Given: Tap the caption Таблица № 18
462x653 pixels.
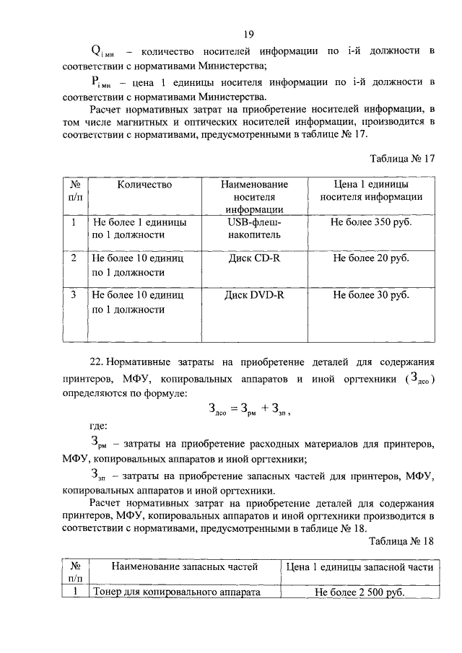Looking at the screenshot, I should point(401,540).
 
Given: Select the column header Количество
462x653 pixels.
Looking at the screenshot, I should point(144,185).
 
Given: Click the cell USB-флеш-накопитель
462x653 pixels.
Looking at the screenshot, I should point(254,229).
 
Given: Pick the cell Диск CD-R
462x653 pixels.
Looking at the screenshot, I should point(254,258).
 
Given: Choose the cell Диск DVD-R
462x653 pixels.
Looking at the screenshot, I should point(254,295).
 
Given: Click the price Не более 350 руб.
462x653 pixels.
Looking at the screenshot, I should point(371,223).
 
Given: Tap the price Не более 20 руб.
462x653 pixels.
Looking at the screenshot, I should point(371,258).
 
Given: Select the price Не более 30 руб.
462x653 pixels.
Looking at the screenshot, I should point(371,295).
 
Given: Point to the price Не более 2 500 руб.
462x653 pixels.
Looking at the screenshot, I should point(359,592).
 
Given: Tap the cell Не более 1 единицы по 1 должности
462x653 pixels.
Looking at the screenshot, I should point(139,229).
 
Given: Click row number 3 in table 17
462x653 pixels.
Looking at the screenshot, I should point(74,295).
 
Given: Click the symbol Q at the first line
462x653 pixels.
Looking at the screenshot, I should point(95,51).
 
